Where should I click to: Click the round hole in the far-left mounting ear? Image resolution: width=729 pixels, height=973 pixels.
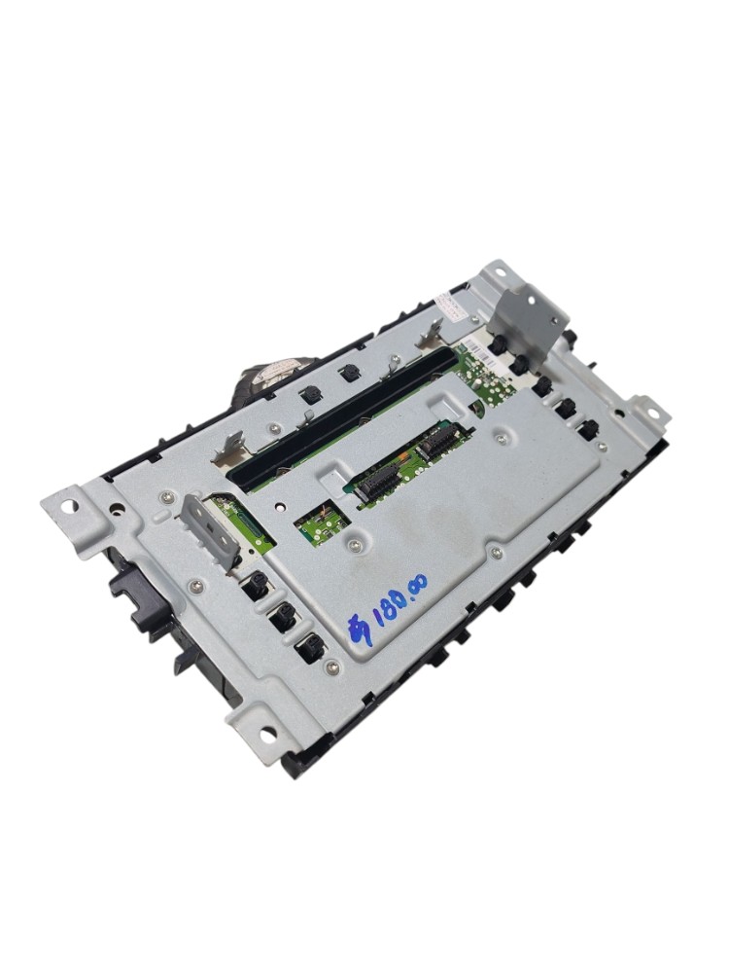[x=70, y=506]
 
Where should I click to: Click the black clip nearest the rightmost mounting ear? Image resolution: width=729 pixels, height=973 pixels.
[x=588, y=428]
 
